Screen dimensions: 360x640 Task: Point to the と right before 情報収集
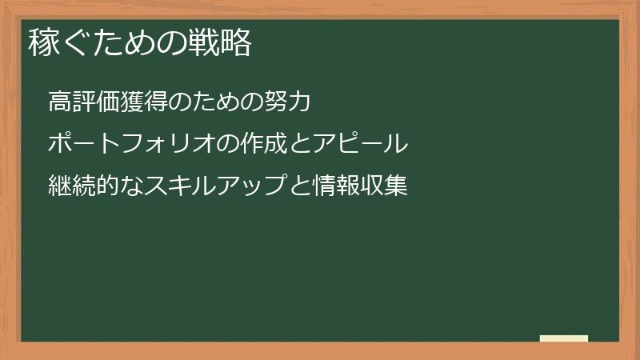[296, 186]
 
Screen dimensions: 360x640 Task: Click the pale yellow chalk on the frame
[564, 338]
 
